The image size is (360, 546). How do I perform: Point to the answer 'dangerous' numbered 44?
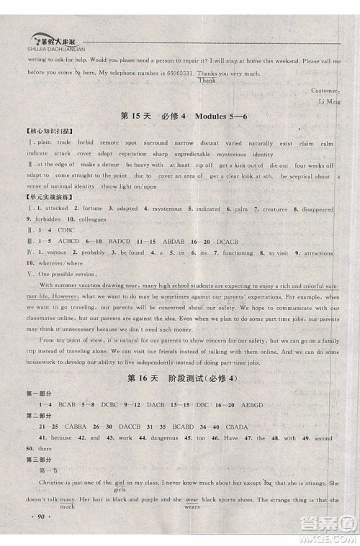pyautogui.click(x=175, y=437)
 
